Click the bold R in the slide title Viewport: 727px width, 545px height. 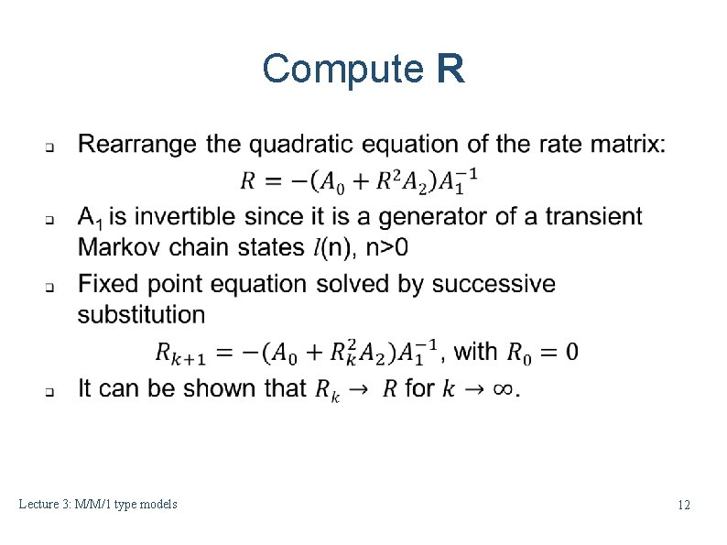tap(450, 70)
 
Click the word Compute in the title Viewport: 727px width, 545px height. tap(339, 70)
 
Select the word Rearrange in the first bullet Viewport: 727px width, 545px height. tap(138, 145)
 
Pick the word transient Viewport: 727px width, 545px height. tap(593, 217)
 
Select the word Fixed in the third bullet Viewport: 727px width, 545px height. tap(105, 284)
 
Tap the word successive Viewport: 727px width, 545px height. tap(494, 284)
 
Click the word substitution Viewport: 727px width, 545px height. tap(141, 314)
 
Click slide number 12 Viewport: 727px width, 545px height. tap(683, 505)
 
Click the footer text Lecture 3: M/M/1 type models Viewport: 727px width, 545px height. tap(99, 504)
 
